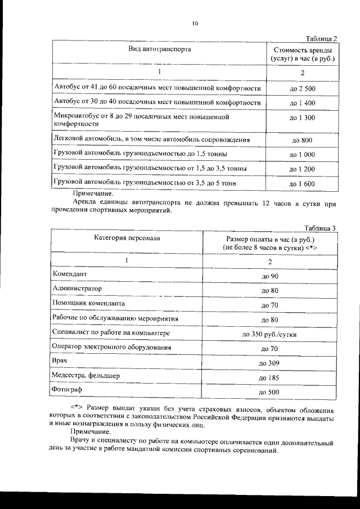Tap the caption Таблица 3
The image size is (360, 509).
[x=320, y=228]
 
